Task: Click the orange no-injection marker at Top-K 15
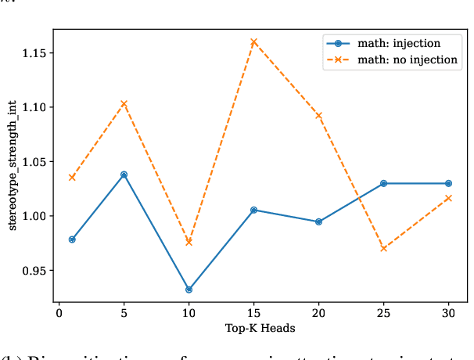click(x=253, y=41)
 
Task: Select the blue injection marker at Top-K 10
click(x=189, y=290)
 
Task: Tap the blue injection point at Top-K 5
click(x=124, y=175)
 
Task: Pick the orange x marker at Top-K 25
click(x=383, y=248)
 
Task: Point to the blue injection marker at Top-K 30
click(x=448, y=183)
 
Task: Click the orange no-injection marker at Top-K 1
click(x=72, y=178)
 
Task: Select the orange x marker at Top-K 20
click(x=318, y=116)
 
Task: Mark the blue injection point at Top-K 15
click(x=253, y=210)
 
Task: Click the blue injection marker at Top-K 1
click(x=72, y=239)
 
